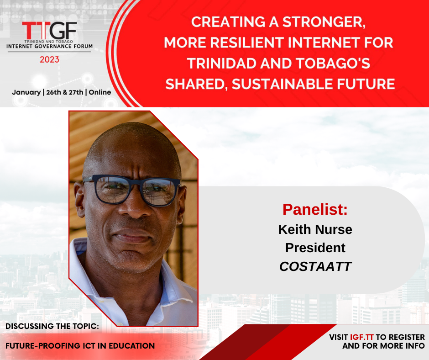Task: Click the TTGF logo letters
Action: click(x=50, y=31)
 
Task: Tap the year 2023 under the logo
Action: click(x=50, y=59)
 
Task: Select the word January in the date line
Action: click(x=26, y=92)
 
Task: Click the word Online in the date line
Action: click(x=100, y=92)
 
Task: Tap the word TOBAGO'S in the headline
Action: click(x=333, y=64)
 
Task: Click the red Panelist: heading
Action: click(x=315, y=210)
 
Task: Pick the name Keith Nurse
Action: click(x=315, y=229)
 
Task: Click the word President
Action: click(x=315, y=248)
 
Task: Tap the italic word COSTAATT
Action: click(x=315, y=266)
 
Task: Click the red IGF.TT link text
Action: click(x=362, y=337)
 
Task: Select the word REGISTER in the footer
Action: click(x=407, y=337)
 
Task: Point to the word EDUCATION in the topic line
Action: click(x=132, y=346)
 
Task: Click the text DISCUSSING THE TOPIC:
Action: click(x=52, y=326)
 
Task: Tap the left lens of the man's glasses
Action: click(x=113, y=190)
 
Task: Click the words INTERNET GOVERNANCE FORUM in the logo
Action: click(x=50, y=46)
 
